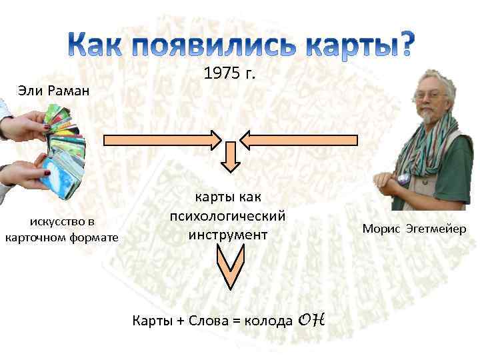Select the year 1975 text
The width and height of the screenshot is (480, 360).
coord(229,74)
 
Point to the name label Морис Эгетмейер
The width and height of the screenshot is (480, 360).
coord(414,229)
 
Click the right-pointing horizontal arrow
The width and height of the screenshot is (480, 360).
coord(163,140)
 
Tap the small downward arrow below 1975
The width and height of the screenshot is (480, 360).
coord(230,157)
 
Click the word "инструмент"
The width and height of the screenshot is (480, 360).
coord(228,235)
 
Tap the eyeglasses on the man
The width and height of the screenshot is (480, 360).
coord(431,95)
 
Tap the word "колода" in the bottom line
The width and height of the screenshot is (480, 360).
coord(268,321)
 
